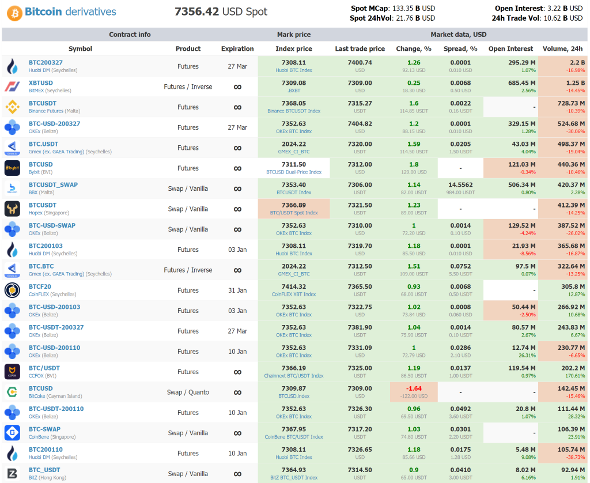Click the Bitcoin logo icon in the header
tap(14, 12)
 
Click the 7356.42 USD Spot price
tap(221, 12)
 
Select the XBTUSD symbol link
tap(41, 83)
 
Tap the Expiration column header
tap(237, 49)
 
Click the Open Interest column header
tap(510, 49)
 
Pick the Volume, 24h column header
tap(562, 49)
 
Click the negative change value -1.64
tap(413, 388)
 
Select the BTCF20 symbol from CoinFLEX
tap(40, 286)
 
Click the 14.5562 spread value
tap(460, 185)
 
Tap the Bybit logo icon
tap(13, 168)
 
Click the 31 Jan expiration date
tap(237, 290)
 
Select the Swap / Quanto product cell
tap(188, 393)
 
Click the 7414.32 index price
tap(294, 286)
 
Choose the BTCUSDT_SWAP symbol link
tap(53, 185)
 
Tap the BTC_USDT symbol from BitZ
tap(44, 470)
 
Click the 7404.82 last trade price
tap(360, 123)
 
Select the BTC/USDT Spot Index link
tap(294, 213)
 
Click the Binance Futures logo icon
tap(13, 107)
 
